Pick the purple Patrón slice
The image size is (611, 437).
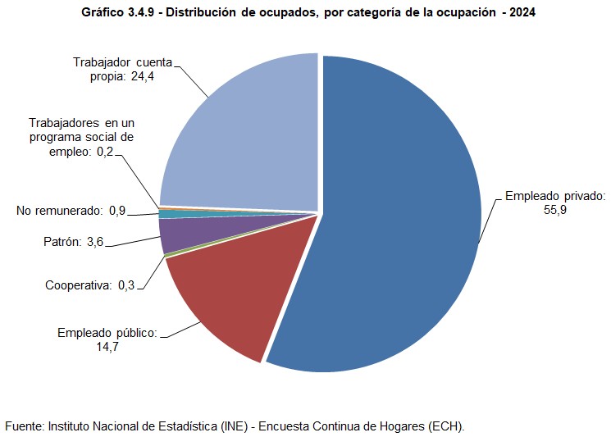pos(176,234)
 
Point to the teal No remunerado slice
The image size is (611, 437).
pos(166,214)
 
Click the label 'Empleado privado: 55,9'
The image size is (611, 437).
pos(554,203)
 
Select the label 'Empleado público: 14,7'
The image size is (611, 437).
pos(107,339)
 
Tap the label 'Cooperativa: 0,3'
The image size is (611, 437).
pos(90,285)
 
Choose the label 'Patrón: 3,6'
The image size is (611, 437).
pos(73,242)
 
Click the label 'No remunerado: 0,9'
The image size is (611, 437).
pos(71,212)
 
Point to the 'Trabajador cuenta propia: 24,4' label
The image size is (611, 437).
pos(124,69)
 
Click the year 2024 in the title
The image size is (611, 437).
pos(521,14)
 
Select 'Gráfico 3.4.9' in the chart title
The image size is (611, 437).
pos(120,14)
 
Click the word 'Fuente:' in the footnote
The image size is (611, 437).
pos(25,426)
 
